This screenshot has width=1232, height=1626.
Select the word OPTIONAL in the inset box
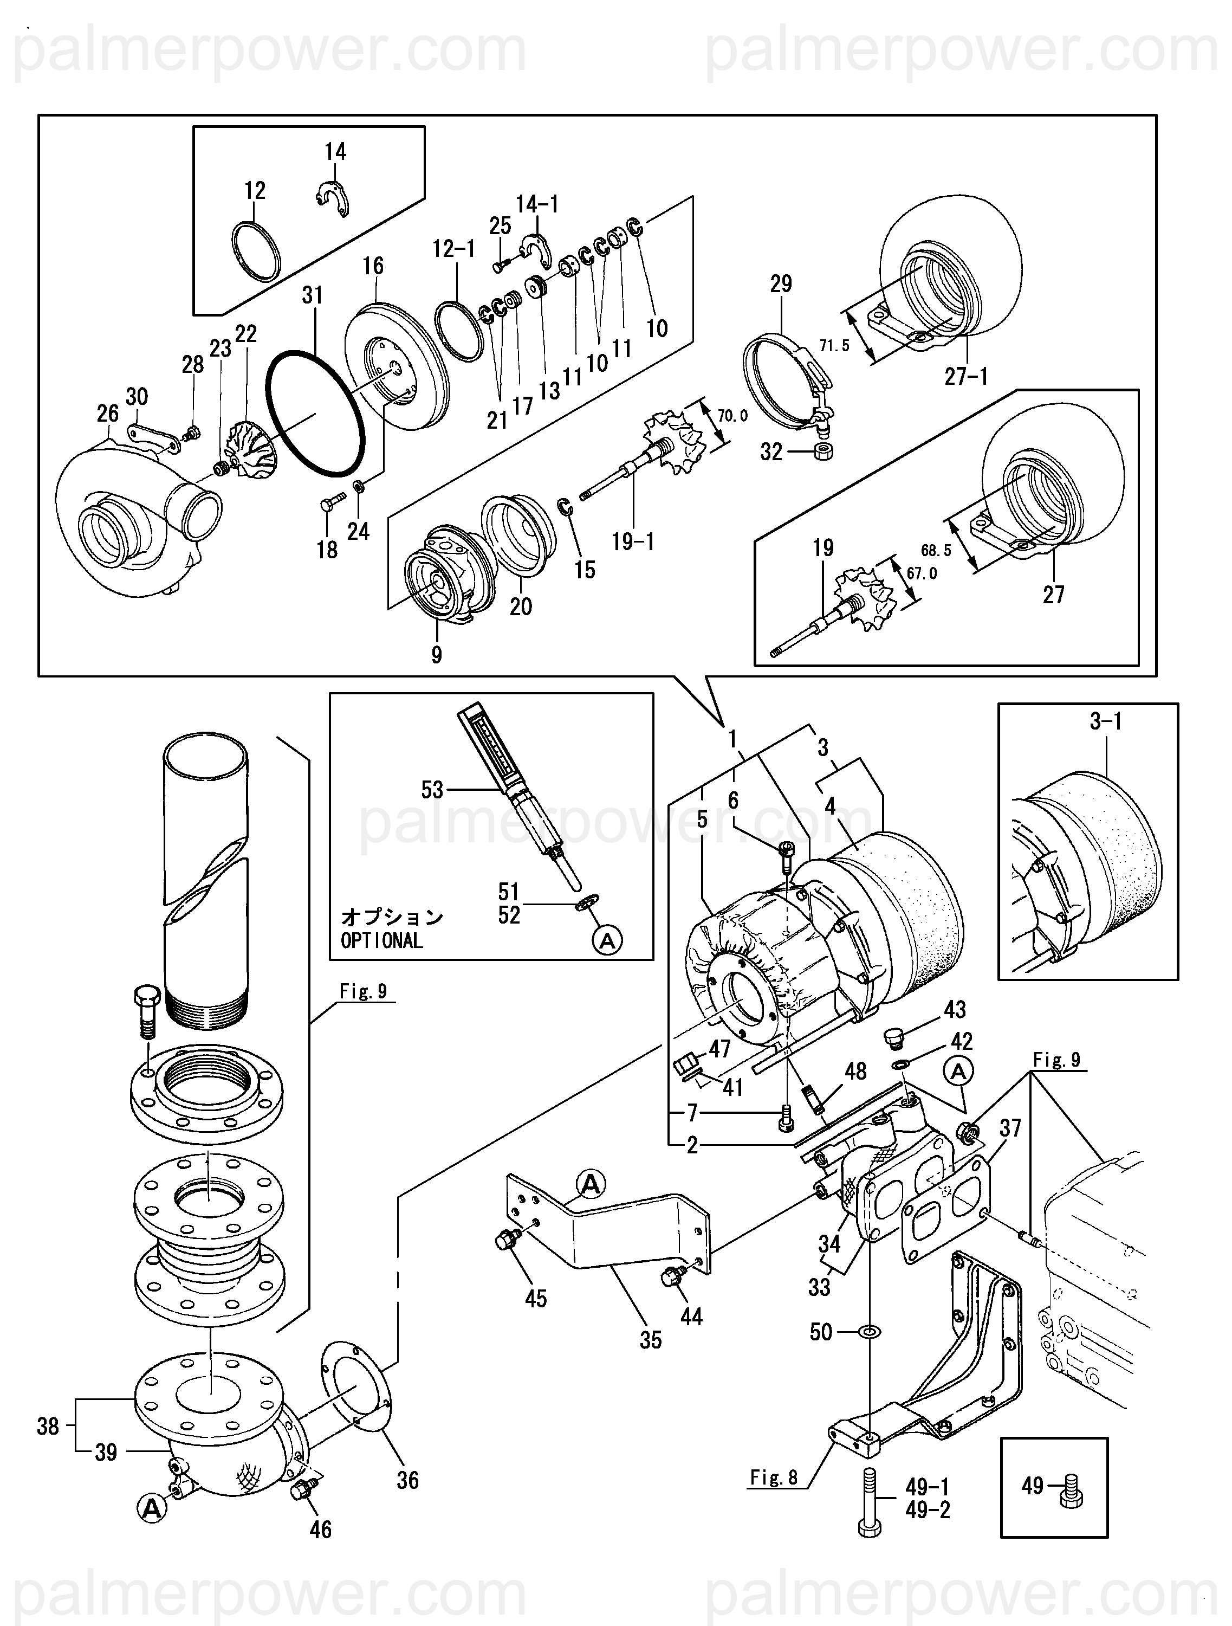pos(381,941)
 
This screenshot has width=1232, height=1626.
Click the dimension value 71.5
pos(834,345)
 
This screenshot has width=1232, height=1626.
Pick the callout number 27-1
pos(966,377)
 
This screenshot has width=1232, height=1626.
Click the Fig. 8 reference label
pos(774,1477)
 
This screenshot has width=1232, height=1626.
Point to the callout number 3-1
pos(1106,722)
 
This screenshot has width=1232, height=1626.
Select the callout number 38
pos(48,1427)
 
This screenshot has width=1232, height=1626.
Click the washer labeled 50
pos(869,1332)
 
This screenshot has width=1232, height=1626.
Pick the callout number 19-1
pos(633,543)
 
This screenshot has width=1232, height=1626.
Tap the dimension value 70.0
pos(732,416)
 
